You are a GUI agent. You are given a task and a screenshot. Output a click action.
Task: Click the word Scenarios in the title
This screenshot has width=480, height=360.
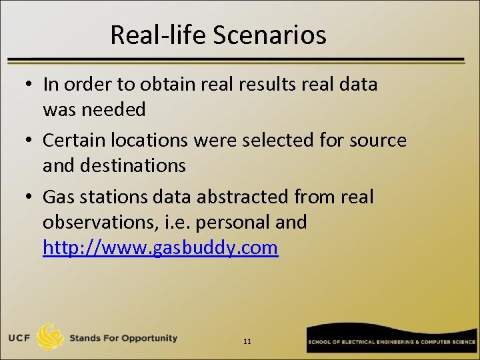270,35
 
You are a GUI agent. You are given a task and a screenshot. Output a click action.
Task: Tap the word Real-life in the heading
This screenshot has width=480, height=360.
159,35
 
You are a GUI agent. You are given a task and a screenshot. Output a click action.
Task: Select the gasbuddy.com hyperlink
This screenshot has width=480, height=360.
160,247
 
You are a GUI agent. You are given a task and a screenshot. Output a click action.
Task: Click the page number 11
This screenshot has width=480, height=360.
247,341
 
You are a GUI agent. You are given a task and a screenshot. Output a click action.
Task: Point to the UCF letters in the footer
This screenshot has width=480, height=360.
19,338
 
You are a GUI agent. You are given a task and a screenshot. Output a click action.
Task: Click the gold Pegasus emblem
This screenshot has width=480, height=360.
51,337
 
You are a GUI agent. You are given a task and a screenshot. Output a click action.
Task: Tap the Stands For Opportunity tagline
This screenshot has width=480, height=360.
123,338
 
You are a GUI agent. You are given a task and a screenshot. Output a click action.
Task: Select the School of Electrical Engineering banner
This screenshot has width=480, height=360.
391,341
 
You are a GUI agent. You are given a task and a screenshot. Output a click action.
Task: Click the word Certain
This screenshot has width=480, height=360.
73,141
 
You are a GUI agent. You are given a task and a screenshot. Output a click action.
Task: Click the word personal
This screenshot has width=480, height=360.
235,222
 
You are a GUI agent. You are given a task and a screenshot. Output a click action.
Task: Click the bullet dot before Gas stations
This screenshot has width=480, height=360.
29,198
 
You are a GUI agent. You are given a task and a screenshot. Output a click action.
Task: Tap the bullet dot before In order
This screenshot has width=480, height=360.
29,85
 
